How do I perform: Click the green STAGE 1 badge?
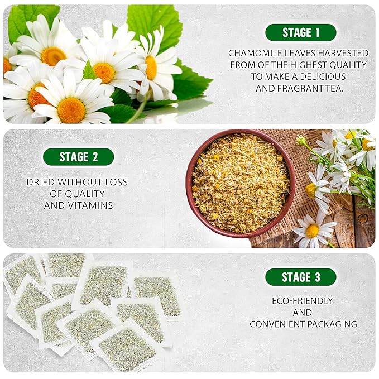tap(300, 32)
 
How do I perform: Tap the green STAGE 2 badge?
tap(78, 157)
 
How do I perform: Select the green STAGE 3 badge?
tap(300, 277)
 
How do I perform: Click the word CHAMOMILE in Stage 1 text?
tap(254, 53)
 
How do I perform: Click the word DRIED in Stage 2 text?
tap(41, 182)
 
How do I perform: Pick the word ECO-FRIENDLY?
tap(302, 300)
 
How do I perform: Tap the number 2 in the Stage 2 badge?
tap(95, 157)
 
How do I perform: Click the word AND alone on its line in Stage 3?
tap(302, 312)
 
